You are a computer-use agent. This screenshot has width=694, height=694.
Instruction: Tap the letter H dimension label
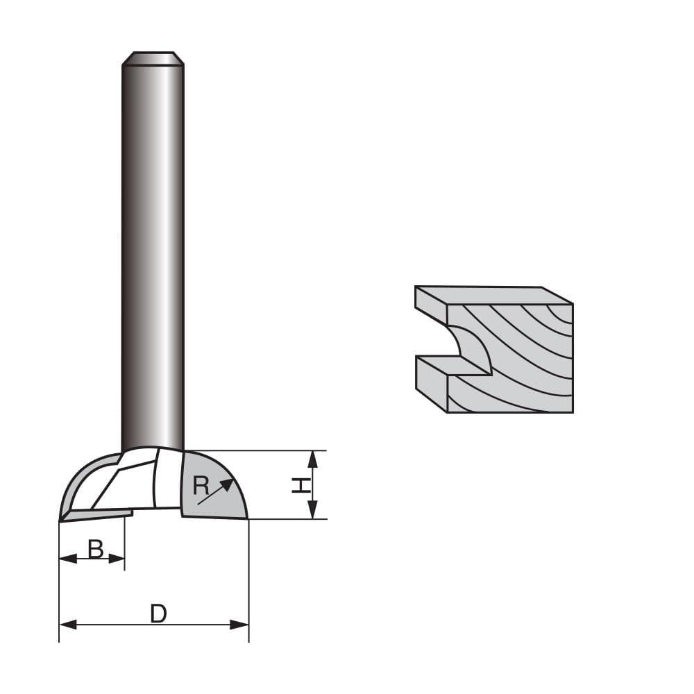[301, 484]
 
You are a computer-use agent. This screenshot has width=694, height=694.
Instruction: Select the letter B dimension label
[95, 550]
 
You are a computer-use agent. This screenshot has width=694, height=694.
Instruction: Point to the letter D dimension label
[158, 614]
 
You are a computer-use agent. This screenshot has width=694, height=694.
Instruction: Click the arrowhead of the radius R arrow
[228, 482]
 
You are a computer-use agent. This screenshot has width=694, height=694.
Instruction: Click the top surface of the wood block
[493, 295]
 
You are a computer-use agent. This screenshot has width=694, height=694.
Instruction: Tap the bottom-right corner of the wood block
[572, 412]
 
